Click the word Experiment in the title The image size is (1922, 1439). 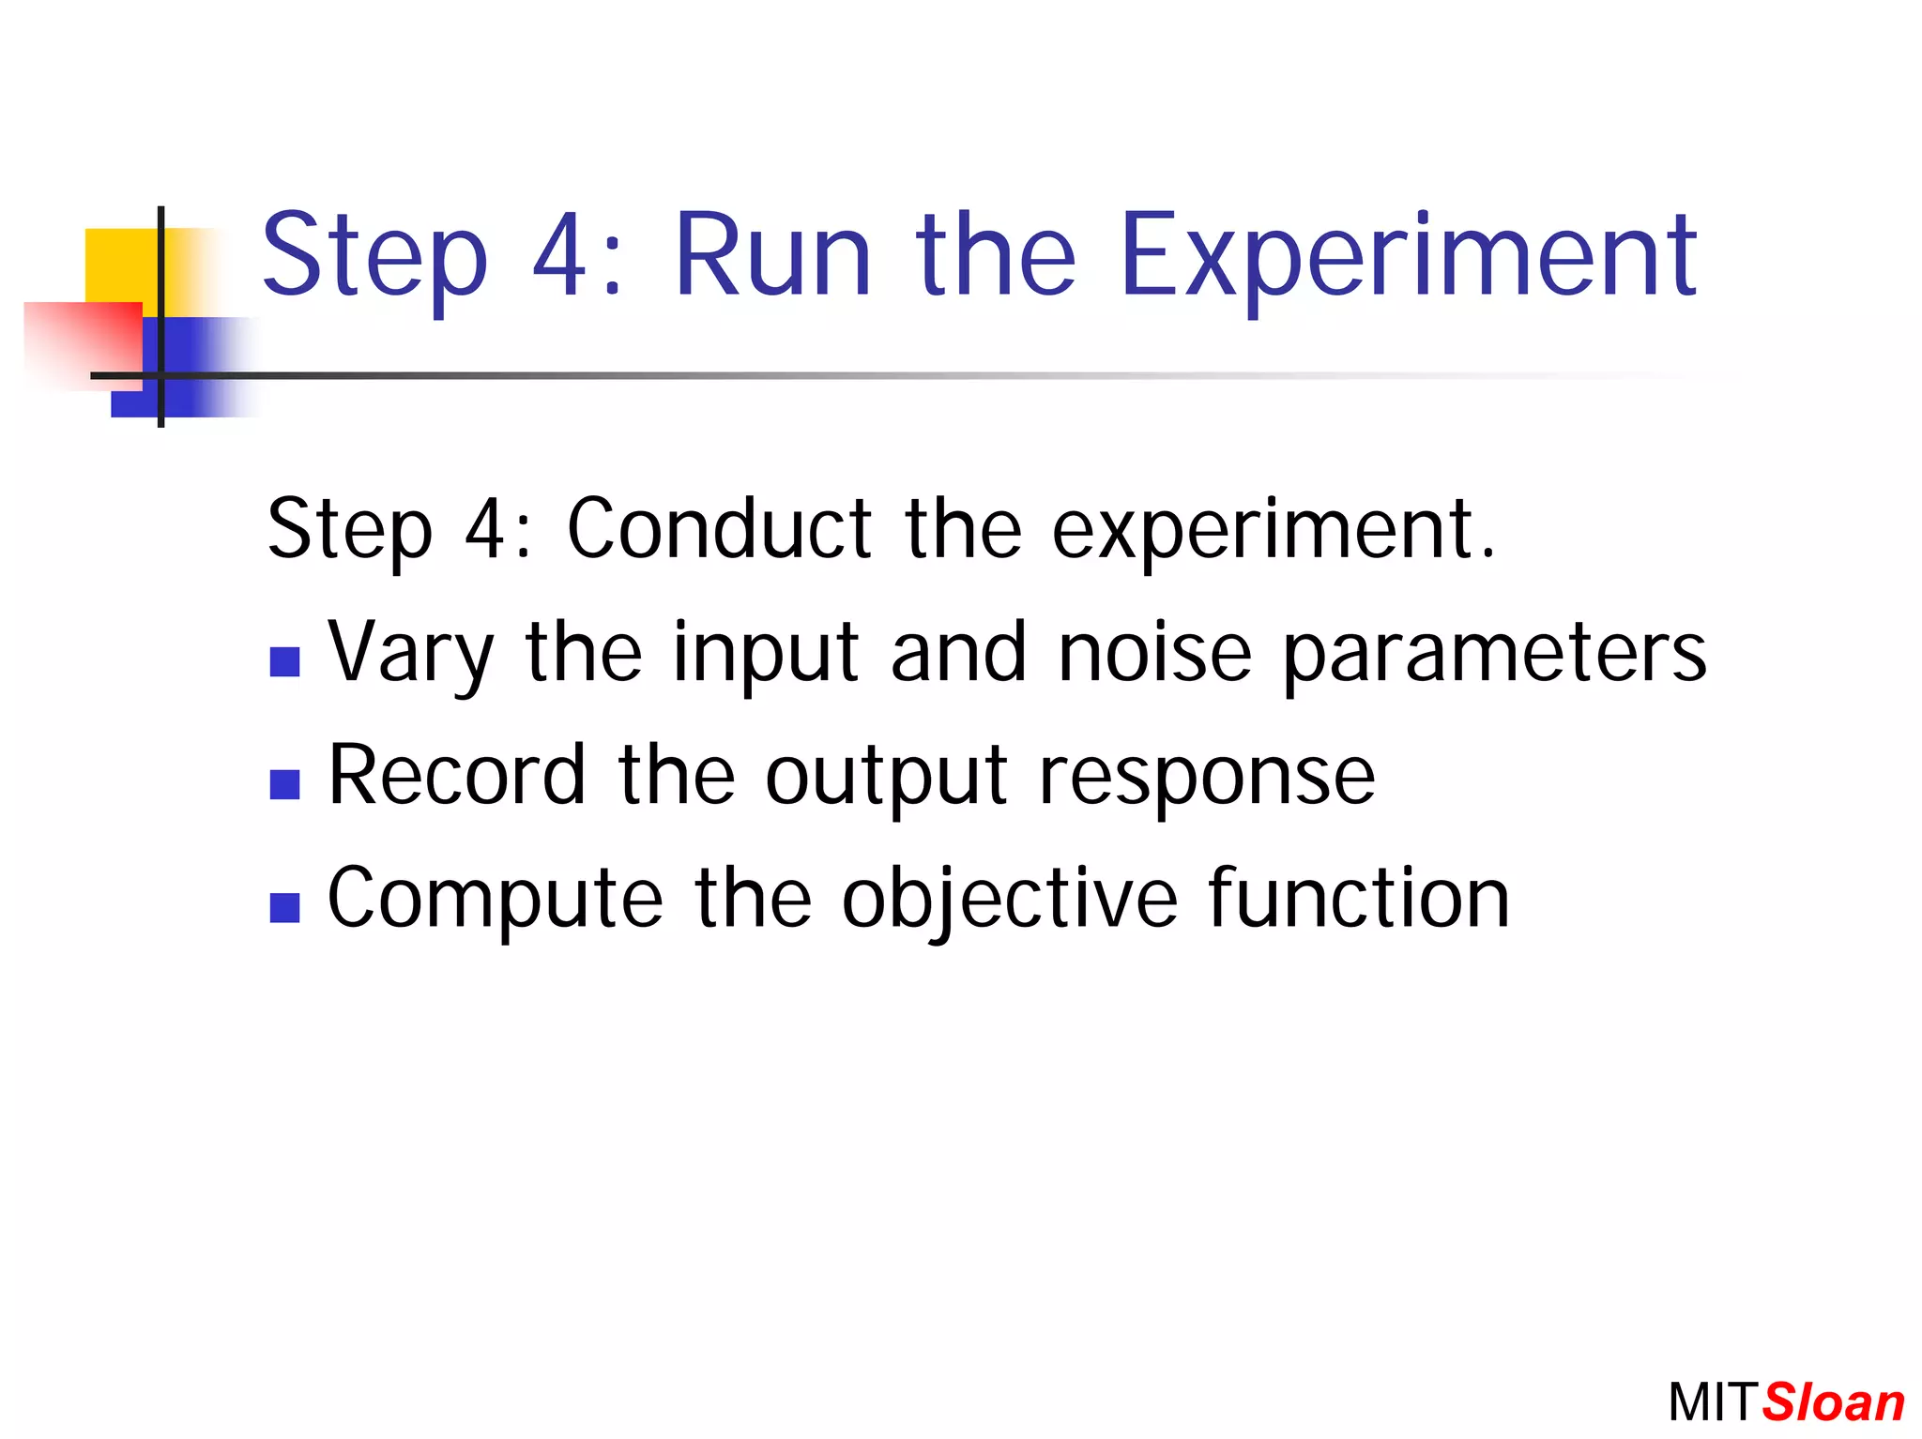[1408, 258]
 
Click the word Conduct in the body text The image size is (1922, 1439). [720, 529]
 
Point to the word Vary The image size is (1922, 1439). [410, 654]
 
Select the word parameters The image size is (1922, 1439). [1494, 654]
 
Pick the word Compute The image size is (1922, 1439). [495, 899]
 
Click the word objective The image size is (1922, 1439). [1009, 899]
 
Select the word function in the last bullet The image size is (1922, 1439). [1359, 898]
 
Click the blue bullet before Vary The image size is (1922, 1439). [284, 661]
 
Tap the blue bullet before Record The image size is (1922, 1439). [284, 784]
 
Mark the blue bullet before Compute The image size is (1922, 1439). [284, 907]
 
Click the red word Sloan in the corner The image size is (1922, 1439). [1833, 1403]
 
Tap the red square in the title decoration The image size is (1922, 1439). [84, 342]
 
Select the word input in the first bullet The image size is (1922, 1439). [766, 654]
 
